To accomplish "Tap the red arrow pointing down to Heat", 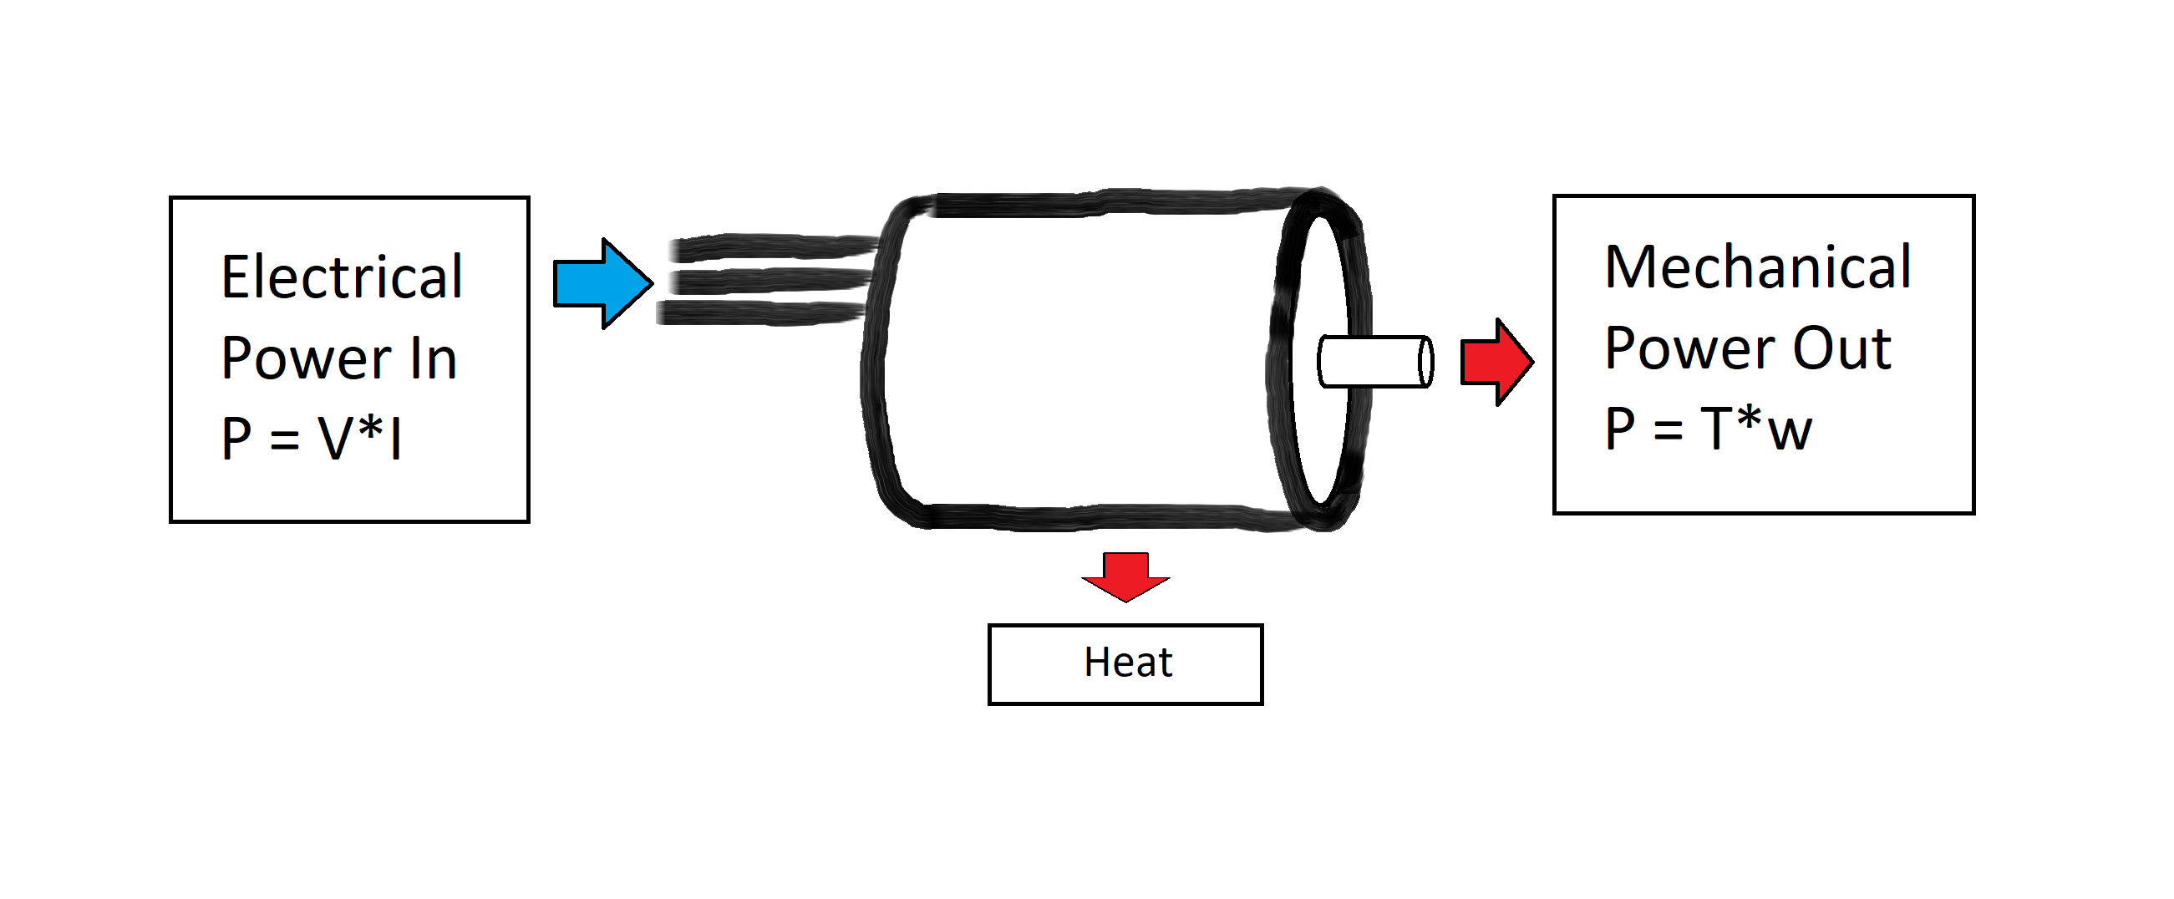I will [1125, 576].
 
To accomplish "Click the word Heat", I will [1127, 663].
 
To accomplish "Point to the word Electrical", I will [342, 277].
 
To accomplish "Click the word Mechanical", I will [1757, 267].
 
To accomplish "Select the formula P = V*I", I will [312, 438].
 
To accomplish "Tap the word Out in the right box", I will [1841, 348].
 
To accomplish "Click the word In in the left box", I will [434, 358].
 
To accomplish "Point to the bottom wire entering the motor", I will [759, 313].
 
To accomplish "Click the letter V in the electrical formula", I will [335, 438].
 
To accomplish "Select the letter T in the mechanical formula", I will [1719, 429].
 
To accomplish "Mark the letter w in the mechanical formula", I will [1789, 433].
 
